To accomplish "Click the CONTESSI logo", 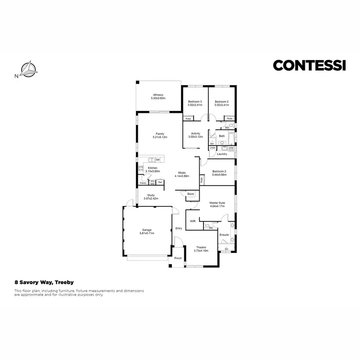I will coord(309,65).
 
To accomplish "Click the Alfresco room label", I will coord(158,95).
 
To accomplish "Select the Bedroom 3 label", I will coord(194,102).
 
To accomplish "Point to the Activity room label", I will coord(195,133).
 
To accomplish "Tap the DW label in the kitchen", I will coord(157,159).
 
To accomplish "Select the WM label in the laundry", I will coord(231,148).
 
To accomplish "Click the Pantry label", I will coord(143,183).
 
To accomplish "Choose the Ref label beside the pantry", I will coord(160,182).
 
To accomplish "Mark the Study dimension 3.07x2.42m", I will coord(151,198).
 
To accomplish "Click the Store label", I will coord(191,193).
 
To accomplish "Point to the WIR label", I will coord(192,221).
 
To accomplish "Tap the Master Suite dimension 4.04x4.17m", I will coord(218,206).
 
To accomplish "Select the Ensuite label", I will coord(224,235).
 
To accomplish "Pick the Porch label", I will coord(178,258).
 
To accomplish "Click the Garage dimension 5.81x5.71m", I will coord(146,233).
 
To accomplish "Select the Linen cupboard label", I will coord(213,148).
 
